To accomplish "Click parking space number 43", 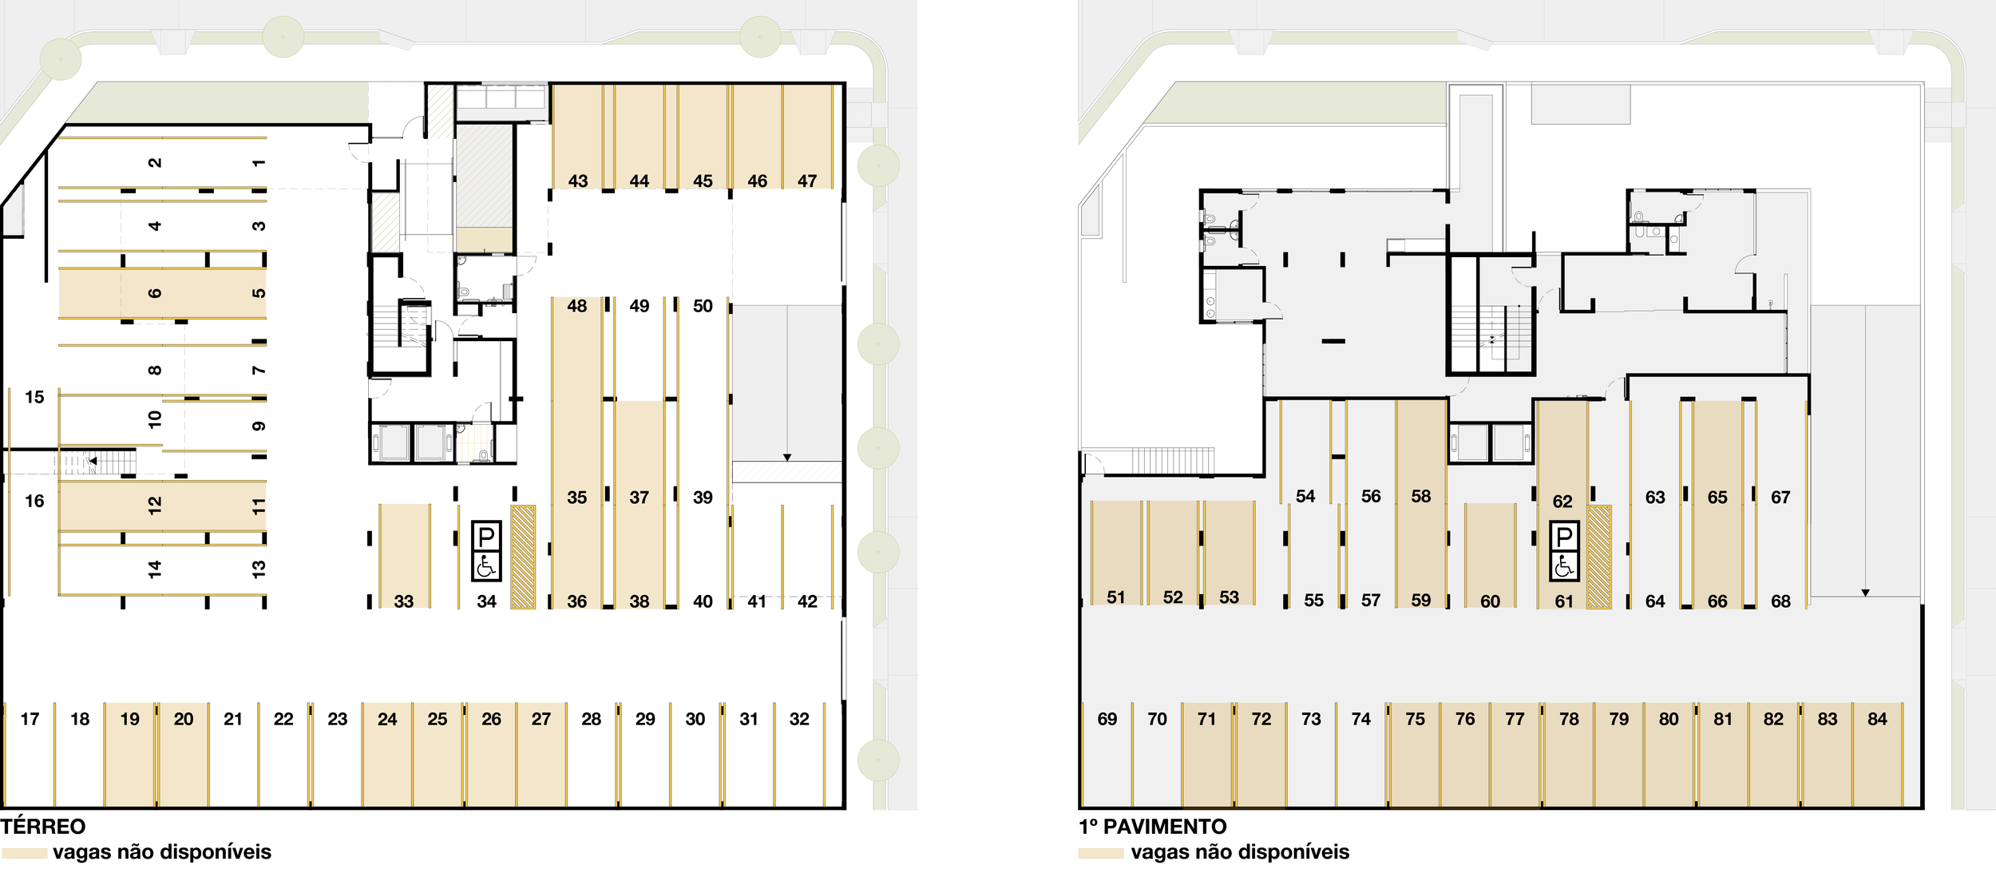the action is pyautogui.click(x=577, y=181).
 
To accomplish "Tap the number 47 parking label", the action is pyautogui.click(x=807, y=181).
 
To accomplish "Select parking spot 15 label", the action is pyautogui.click(x=34, y=397).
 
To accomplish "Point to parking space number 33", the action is pyautogui.click(x=404, y=601).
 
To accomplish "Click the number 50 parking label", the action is pyautogui.click(x=703, y=306).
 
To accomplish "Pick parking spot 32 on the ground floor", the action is pyautogui.click(x=799, y=719).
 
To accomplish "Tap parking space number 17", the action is pyautogui.click(x=30, y=719).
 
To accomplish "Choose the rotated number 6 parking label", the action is pyautogui.click(x=155, y=293).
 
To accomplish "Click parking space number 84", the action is pyautogui.click(x=1877, y=719).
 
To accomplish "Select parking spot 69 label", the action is pyautogui.click(x=1107, y=719).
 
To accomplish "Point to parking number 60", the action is pyautogui.click(x=1490, y=601).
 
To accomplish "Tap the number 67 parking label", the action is pyautogui.click(x=1780, y=498).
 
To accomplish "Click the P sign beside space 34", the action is pyautogui.click(x=486, y=536).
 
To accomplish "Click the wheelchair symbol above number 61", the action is pyautogui.click(x=1564, y=566).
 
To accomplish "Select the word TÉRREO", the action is pyautogui.click(x=43, y=827).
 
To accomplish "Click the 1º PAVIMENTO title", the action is pyautogui.click(x=1152, y=827).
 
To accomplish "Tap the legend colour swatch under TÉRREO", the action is pyautogui.click(x=24, y=853).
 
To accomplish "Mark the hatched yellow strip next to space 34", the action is pyautogui.click(x=523, y=557).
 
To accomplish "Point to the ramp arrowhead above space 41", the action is pyautogui.click(x=787, y=458).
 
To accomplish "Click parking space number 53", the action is pyautogui.click(x=1230, y=597).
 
